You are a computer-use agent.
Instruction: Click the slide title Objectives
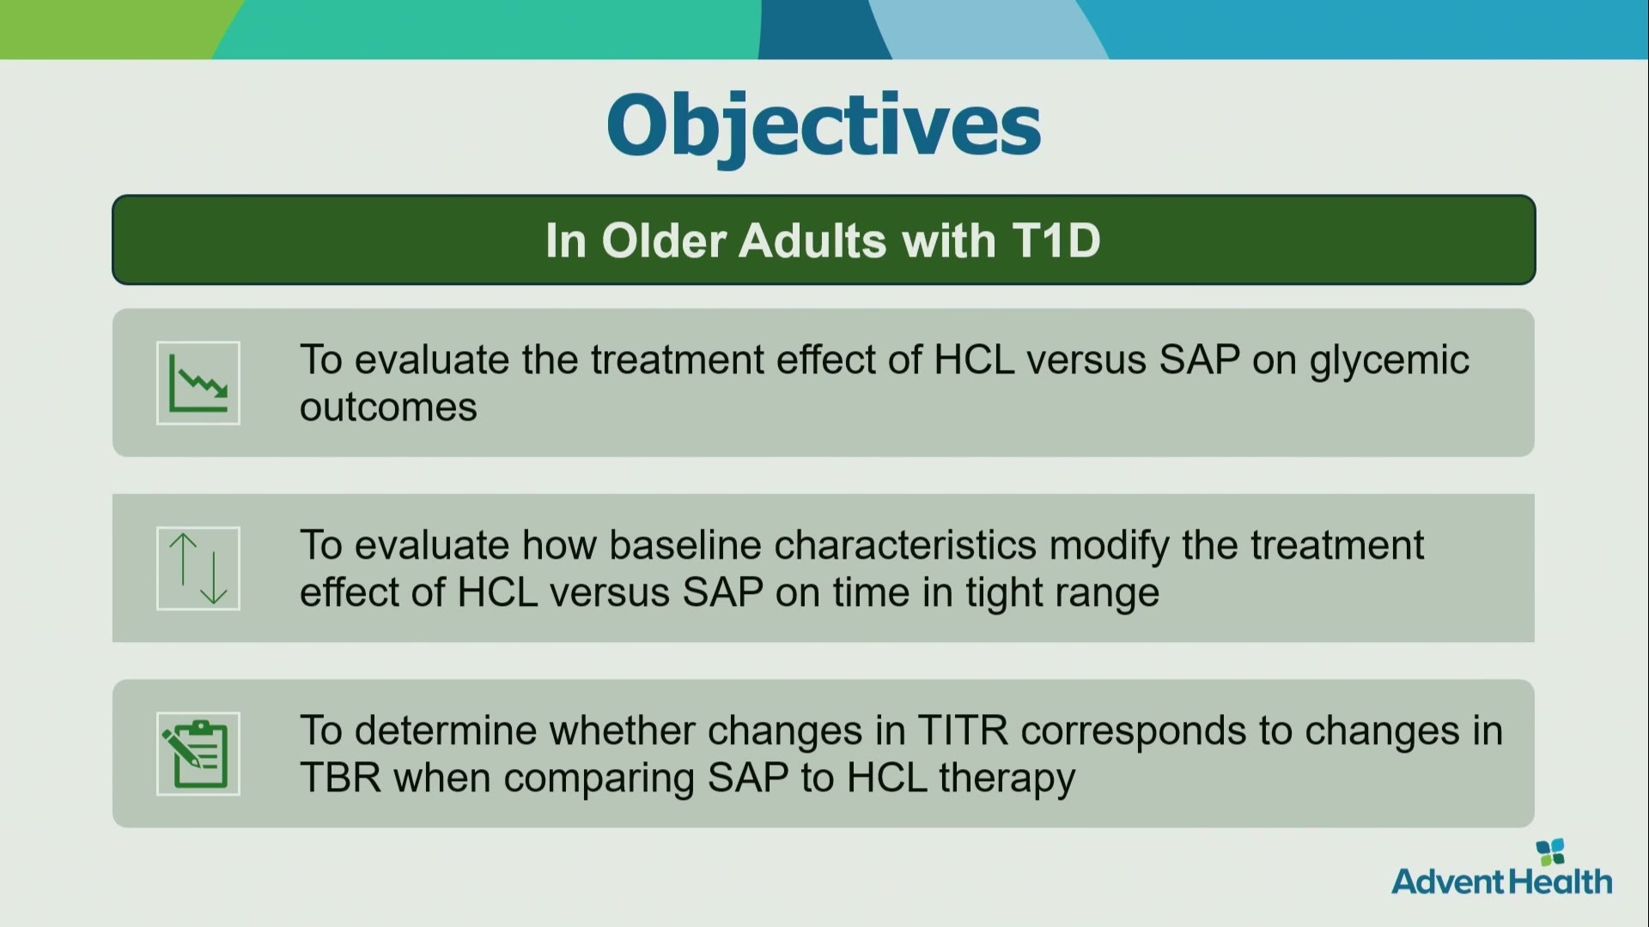coord(824,126)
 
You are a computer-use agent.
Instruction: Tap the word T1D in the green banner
coord(1056,240)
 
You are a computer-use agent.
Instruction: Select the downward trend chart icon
coord(198,383)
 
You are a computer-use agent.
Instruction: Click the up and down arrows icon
coord(198,568)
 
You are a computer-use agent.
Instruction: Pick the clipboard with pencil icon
coord(198,754)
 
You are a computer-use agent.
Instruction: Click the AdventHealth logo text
coord(1502,882)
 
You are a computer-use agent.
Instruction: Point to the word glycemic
coord(1389,361)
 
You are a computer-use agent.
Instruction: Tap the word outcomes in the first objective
coord(388,407)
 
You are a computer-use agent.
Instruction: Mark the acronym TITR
coord(963,730)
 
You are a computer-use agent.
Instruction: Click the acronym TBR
coord(340,778)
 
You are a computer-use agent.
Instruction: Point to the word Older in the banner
coord(664,240)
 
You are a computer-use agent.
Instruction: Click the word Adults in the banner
coord(812,240)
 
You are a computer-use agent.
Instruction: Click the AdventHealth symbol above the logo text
coord(1550,851)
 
